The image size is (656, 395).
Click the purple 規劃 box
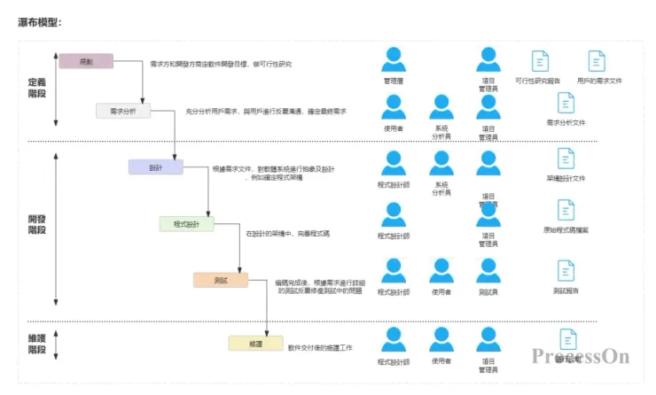(86, 61)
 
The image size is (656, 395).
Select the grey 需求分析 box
(123, 111)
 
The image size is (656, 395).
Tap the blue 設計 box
(155, 167)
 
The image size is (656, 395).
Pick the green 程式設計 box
(186, 224)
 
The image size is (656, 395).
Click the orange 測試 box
(221, 280)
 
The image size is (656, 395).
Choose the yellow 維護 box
(254, 343)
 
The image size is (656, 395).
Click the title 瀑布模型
(40, 21)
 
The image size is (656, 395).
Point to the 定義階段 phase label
(37, 88)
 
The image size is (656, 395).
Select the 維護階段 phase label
(37, 344)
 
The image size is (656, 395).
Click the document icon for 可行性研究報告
(539, 61)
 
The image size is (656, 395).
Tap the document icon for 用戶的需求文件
(597, 61)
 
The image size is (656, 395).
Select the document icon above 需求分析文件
(566, 104)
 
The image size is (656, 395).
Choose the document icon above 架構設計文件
(566, 159)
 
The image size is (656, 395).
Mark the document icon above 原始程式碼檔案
(566, 210)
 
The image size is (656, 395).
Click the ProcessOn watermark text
(581, 356)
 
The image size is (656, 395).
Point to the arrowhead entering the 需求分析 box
(142, 100)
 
